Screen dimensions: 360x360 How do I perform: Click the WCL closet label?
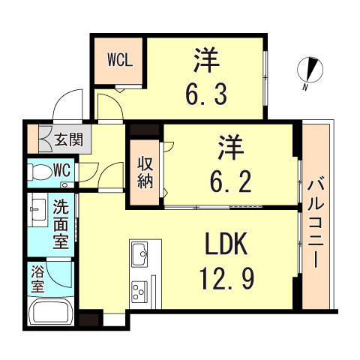(x=119, y=59)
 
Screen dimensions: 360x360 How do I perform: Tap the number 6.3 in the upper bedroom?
(x=204, y=95)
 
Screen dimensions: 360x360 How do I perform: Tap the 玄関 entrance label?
(x=73, y=139)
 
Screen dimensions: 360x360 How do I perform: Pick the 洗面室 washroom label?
(x=61, y=222)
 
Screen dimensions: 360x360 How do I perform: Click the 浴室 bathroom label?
(x=37, y=279)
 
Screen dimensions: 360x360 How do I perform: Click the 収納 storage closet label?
(x=145, y=172)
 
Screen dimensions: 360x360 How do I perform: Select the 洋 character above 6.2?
(x=230, y=145)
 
